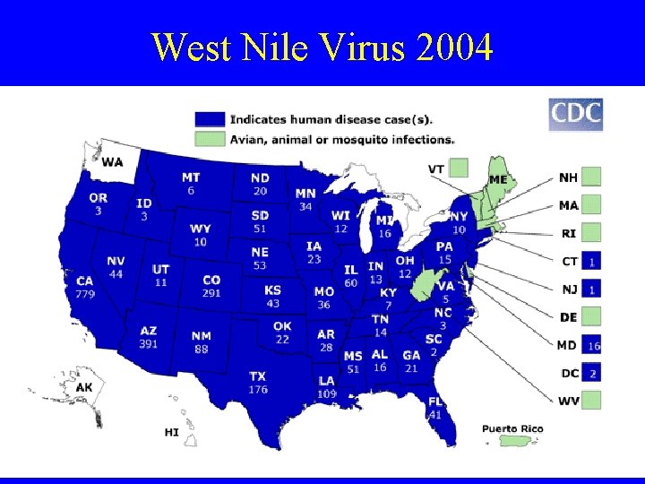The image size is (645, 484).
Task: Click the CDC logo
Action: tap(575, 115)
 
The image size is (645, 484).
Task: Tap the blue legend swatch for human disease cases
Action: tap(210, 118)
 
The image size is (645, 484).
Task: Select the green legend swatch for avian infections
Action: tap(210, 139)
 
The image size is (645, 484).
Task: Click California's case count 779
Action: tap(85, 293)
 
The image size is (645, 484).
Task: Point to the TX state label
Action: tap(258, 376)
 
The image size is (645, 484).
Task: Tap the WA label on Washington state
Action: tap(113, 162)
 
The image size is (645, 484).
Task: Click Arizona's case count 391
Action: tap(148, 343)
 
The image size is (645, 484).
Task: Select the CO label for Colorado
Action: tap(211, 281)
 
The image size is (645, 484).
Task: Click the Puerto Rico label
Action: tap(512, 428)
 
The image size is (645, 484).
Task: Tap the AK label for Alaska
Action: tap(84, 387)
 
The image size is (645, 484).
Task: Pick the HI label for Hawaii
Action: tap(171, 432)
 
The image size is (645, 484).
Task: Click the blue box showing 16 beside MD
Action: tap(593, 345)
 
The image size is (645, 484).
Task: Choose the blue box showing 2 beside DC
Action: tap(593, 372)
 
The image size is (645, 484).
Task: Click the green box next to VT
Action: tap(459, 168)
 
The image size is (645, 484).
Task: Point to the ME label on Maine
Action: tap(498, 179)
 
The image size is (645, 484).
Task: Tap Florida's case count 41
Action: tap(435, 415)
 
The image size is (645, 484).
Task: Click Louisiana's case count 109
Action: tap(326, 393)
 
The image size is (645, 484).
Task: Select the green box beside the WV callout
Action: tap(593, 400)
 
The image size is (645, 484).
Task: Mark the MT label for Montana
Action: tap(191, 177)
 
